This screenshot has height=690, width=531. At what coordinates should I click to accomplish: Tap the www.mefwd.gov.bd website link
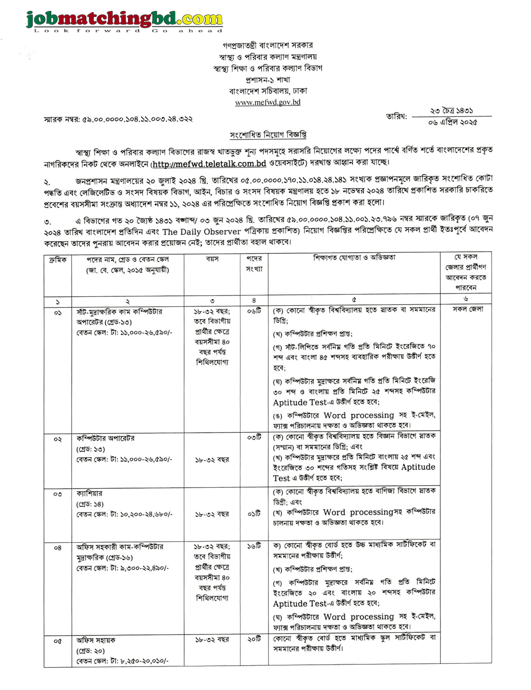point(268,102)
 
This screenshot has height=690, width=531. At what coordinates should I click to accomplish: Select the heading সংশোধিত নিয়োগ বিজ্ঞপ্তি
point(268,135)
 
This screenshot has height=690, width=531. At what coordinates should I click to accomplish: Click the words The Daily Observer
point(201,232)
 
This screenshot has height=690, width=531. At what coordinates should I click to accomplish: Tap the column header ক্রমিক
point(58,260)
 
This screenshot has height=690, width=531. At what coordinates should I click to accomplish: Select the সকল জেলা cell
point(467,309)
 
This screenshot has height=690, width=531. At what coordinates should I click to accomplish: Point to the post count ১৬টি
point(254,546)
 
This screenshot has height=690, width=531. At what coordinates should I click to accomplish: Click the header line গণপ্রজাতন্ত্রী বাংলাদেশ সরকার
point(268,46)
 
